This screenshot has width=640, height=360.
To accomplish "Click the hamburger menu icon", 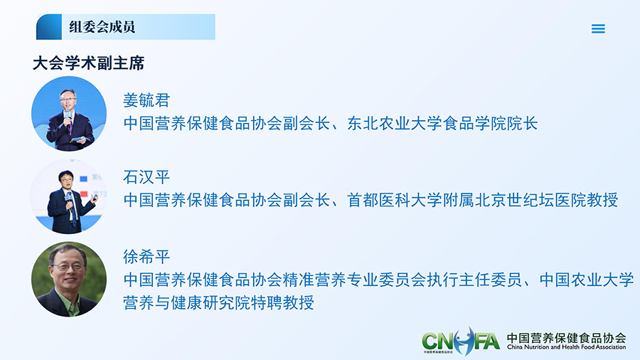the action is tap(598, 28).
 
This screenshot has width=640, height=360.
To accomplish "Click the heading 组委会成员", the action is tap(102, 27).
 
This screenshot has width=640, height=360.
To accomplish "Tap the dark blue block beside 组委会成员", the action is tap(49, 27).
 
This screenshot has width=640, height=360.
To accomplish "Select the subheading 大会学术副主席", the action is tap(89, 63).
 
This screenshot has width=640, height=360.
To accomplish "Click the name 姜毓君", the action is tap(146, 100).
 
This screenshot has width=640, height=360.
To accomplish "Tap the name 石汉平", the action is tap(146, 177).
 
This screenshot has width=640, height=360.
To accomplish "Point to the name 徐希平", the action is tap(146, 257).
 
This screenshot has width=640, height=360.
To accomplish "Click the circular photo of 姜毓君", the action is tap(69, 114).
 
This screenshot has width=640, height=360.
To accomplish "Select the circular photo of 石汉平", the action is tap(68, 196).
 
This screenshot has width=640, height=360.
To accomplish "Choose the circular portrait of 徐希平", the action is tap(69, 279).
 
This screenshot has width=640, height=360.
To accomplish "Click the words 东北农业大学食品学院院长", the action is tap(442, 123).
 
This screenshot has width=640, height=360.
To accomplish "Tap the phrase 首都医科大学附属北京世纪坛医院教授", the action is tap(482, 200).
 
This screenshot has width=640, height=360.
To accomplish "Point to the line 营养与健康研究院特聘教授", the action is tap(219, 302).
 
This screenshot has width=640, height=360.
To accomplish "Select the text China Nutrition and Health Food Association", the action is tap(567, 347).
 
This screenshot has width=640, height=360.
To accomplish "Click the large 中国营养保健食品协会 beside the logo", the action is tap(567, 337).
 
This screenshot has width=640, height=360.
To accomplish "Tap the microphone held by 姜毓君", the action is tap(67, 118).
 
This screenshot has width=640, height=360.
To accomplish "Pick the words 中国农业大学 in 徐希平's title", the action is tap(587, 280).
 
